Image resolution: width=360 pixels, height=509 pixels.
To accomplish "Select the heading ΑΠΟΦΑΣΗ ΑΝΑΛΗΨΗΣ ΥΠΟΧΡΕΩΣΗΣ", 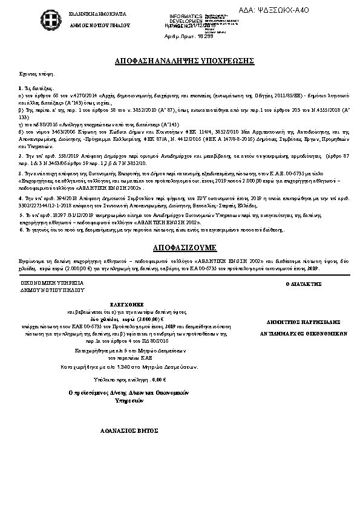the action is [x=180, y=62].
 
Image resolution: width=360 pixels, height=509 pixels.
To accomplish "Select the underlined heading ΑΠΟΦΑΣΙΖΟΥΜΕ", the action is [x=180, y=248].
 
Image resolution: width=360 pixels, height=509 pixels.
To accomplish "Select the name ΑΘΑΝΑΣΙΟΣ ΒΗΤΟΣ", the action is [x=130, y=431].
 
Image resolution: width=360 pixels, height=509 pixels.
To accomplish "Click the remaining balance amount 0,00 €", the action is [x=159, y=379].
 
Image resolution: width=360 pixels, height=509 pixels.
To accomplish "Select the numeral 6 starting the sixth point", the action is [x=21, y=230].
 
